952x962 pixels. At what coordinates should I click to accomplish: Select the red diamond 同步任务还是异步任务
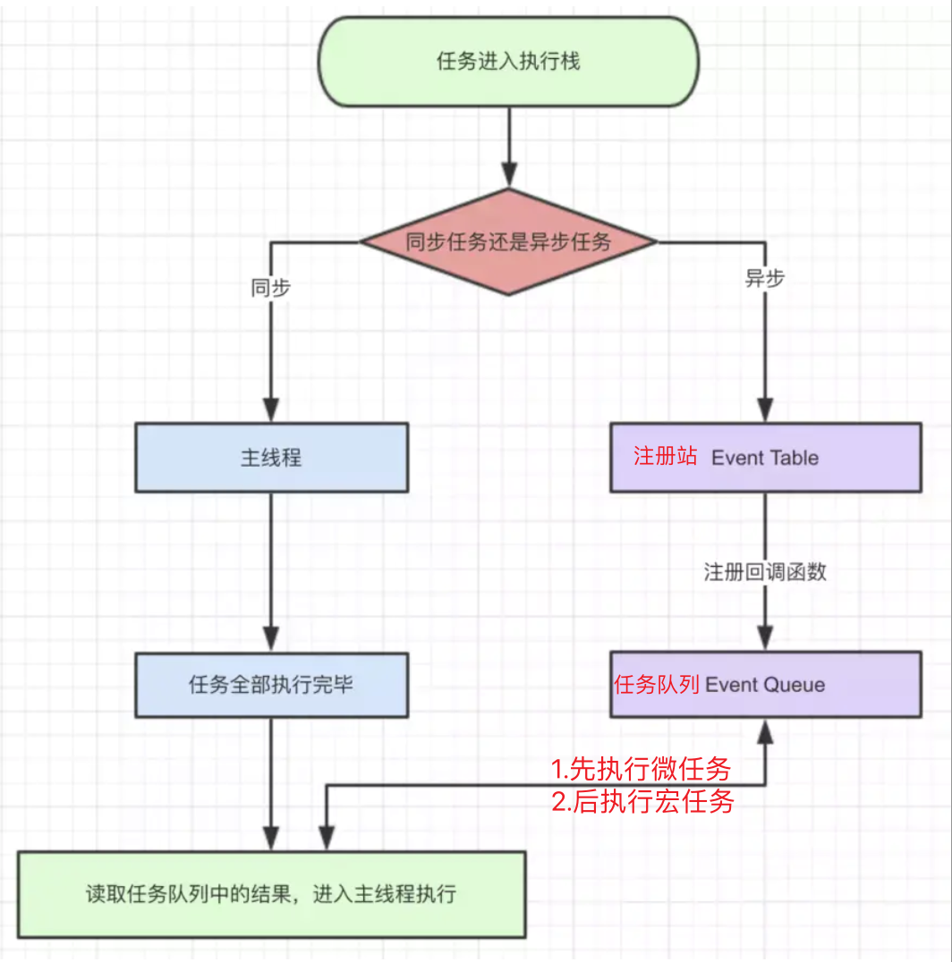point(508,241)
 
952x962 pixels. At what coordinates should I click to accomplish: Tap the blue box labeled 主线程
point(272,458)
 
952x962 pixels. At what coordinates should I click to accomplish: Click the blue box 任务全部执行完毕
point(272,685)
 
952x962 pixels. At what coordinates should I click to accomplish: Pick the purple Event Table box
point(765,458)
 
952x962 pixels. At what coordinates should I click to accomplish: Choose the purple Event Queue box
point(765,685)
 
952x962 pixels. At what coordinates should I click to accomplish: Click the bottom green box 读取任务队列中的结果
point(272,894)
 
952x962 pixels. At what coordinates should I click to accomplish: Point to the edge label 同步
point(271,289)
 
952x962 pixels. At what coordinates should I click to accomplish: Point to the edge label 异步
point(765,278)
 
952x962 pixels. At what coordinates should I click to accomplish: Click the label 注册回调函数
point(765,572)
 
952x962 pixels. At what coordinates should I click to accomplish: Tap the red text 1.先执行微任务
point(641,768)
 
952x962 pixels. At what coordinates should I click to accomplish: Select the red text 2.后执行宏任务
point(642,801)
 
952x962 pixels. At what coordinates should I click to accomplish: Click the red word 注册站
point(665,457)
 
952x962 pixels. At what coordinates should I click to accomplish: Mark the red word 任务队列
point(657,685)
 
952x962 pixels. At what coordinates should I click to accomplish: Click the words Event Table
point(765,458)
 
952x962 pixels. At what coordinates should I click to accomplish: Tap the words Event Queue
point(765,685)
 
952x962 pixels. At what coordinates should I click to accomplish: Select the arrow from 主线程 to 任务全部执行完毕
point(272,572)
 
